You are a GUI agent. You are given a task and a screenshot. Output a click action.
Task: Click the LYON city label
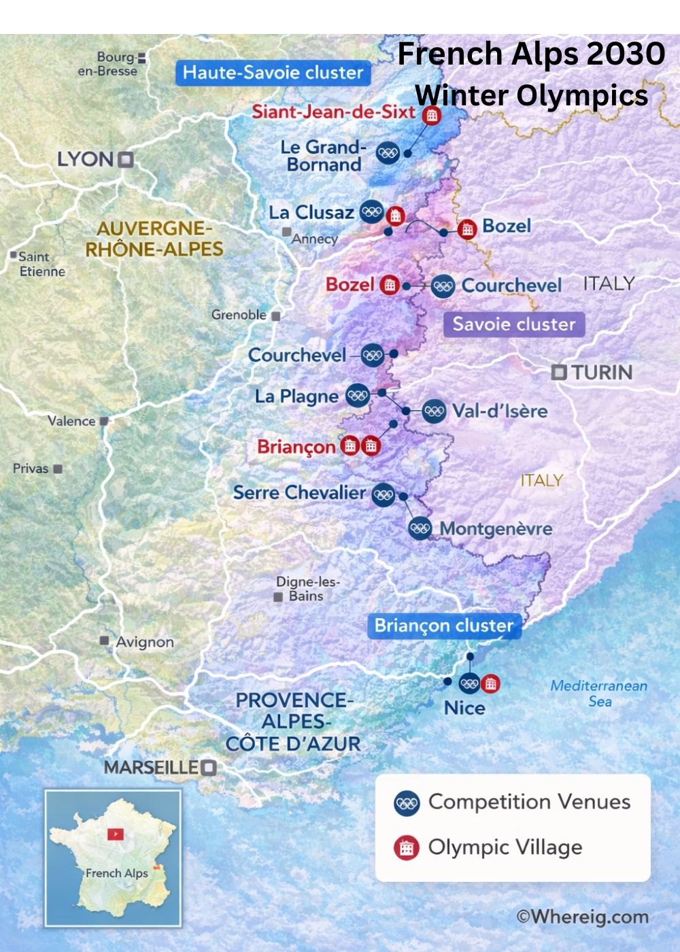[x=85, y=160]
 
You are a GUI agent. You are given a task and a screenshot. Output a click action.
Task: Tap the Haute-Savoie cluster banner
[x=273, y=73]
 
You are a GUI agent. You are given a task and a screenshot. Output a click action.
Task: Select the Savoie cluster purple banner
[x=514, y=324]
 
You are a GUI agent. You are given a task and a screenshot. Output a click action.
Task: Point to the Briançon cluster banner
[x=444, y=626]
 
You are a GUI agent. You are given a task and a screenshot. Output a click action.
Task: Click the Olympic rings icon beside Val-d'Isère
[x=434, y=411]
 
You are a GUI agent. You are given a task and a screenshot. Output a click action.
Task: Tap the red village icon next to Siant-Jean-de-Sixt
[x=430, y=115]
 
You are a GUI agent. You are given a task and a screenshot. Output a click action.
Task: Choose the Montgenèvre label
[x=496, y=528]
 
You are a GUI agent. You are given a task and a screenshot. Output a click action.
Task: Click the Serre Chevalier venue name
[x=299, y=492]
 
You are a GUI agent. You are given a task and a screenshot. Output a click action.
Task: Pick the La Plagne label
[x=296, y=396]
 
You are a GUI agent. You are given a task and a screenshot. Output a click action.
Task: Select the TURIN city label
[x=602, y=372]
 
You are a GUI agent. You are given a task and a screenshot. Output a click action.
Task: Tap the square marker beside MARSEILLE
[x=209, y=768]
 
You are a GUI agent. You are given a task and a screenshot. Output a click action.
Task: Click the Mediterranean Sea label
[x=598, y=693]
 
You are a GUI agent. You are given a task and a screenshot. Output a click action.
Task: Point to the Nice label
[x=464, y=708]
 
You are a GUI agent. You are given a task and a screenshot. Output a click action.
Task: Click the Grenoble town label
[x=239, y=315]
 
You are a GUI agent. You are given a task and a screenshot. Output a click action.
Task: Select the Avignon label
[x=145, y=642]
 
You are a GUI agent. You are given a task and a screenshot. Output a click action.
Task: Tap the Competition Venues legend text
[x=529, y=802]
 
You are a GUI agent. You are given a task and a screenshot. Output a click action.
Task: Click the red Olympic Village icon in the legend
[x=407, y=847]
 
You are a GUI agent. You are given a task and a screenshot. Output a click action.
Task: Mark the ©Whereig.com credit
[x=582, y=917]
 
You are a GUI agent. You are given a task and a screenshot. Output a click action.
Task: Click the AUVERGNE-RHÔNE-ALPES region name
[x=154, y=239]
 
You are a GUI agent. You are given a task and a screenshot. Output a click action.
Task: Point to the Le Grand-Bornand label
[x=323, y=156]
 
